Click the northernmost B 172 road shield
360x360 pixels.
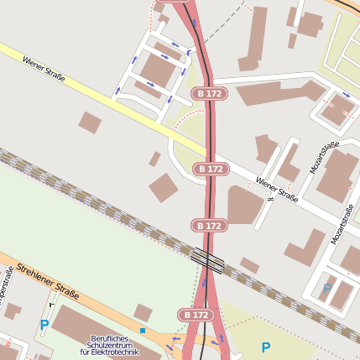pyautogui.click(x=207, y=93)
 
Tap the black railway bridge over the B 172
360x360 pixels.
pyautogui.click(x=207, y=260)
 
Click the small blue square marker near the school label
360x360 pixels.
pyautogui.click(x=143, y=331)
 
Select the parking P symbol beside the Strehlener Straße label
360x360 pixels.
pyautogui.click(x=44, y=325)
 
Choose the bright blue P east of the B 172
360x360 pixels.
pyautogui.click(x=265, y=347)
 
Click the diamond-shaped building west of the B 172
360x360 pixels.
pyautogui.click(x=164, y=187)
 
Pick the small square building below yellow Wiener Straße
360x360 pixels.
pyautogui.click(x=90, y=123)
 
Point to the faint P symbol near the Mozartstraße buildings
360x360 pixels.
pyautogui.click(x=326, y=288)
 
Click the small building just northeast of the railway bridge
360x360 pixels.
pyautogui.click(x=249, y=265)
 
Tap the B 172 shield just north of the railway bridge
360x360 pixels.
pyautogui.click(x=210, y=225)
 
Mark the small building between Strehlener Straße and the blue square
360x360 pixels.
pyautogui.click(x=143, y=313)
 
